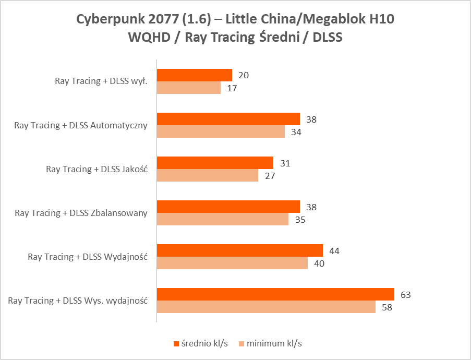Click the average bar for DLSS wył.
click(195, 75)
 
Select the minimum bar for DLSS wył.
click(189, 88)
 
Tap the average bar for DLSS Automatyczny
click(228, 119)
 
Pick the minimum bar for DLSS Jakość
click(208, 175)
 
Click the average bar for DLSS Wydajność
click(240, 250)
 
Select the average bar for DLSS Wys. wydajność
click(275, 294)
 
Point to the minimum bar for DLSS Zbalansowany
click(223, 219)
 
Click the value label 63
click(406, 295)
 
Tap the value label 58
click(387, 307)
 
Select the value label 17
click(232, 88)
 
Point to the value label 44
click(334, 251)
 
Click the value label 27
click(269, 176)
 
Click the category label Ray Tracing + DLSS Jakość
click(96, 169)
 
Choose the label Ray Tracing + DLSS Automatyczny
click(81, 125)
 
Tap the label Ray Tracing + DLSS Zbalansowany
click(81, 212)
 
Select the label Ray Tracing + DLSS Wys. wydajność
click(78, 301)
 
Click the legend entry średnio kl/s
click(200, 343)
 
